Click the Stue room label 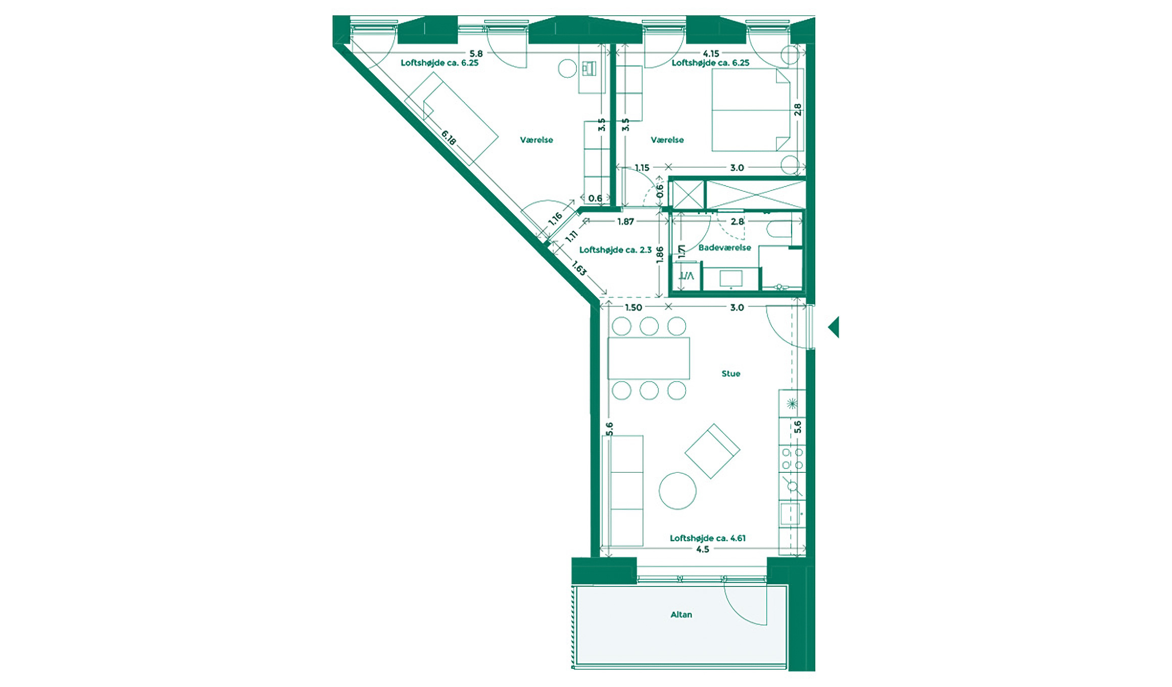[x=730, y=374]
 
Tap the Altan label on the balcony [x=681, y=615]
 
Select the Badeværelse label [x=724, y=248]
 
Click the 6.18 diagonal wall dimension [x=449, y=137]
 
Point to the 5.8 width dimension [x=476, y=54]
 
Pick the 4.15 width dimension [x=711, y=54]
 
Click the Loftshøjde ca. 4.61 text [x=707, y=538]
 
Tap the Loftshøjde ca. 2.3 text [x=615, y=250]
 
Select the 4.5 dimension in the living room [x=702, y=550]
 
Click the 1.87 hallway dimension [x=625, y=222]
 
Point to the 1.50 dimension [x=633, y=308]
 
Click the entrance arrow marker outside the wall [x=834, y=327]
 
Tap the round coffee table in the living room [x=677, y=490]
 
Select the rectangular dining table [x=649, y=358]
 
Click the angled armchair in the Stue [x=712, y=451]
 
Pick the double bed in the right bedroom [x=750, y=110]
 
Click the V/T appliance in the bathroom [x=686, y=276]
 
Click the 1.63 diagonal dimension [x=579, y=268]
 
